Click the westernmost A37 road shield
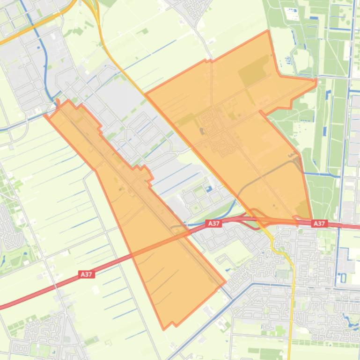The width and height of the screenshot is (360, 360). click(86, 274)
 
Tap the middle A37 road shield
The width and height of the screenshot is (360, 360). click(214, 223)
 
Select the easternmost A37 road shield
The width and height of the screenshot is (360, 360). click(319, 223)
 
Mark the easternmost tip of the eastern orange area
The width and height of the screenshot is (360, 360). click(316, 82)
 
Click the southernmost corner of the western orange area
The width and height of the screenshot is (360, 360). click(163, 329)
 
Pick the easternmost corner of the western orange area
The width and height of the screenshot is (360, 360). click(225, 282)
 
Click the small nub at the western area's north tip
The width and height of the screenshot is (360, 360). click(58, 101)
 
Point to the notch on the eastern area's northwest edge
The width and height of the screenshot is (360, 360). click(208, 60)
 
